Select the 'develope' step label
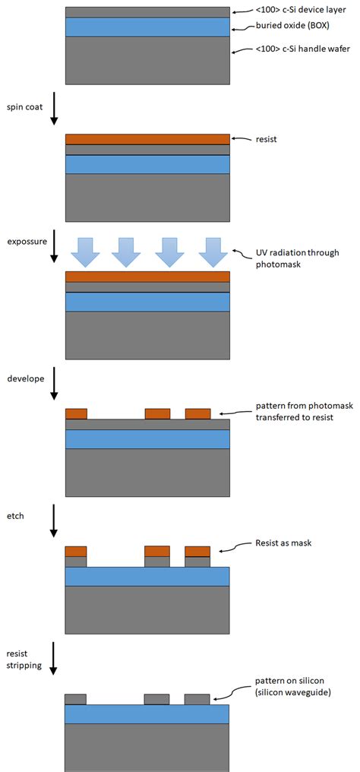(25, 378)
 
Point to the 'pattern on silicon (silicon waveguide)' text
(291, 688)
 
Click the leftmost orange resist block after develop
(76, 414)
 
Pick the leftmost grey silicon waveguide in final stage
(76, 699)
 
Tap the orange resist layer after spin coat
(147, 139)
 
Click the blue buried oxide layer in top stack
(147, 27)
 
